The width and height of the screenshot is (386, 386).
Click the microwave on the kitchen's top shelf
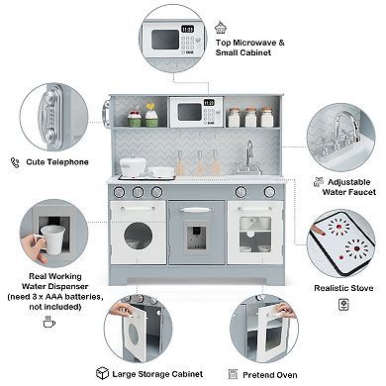point(195,112)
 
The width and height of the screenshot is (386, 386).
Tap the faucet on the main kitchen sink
point(248,153)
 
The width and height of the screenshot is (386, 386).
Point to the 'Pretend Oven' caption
point(272,374)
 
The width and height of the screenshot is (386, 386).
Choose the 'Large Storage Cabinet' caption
point(156,374)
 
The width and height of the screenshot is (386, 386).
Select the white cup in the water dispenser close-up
point(50,242)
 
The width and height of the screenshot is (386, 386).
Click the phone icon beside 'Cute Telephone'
point(15,160)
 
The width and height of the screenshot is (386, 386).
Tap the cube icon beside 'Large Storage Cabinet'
point(102,373)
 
